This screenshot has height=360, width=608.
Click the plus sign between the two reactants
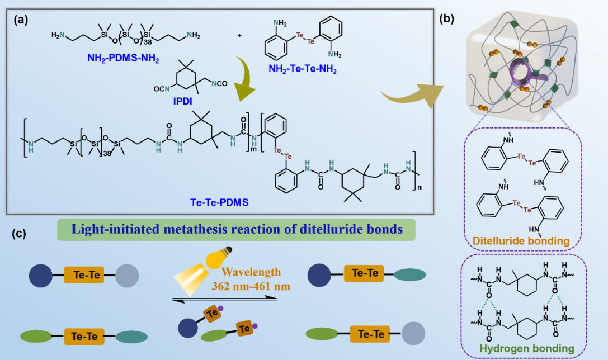pyautogui.click(x=239, y=35)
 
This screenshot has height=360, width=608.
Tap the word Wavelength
pyautogui.click(x=248, y=273)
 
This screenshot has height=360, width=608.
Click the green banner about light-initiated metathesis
pyautogui.click(x=236, y=230)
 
